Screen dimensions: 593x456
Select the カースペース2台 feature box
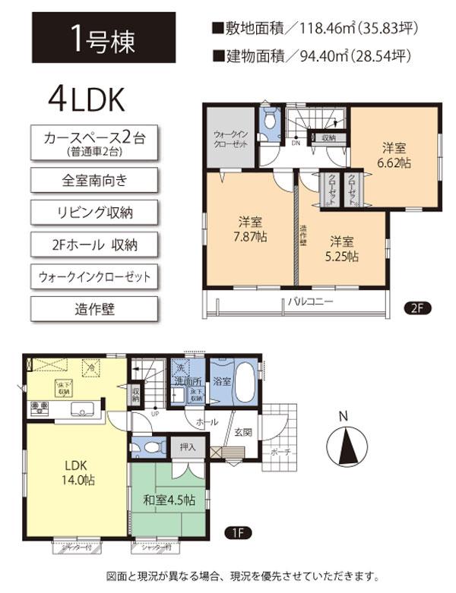(94, 143)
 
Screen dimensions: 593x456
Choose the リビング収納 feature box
(94, 210)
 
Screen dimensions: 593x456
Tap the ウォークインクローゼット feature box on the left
(94, 276)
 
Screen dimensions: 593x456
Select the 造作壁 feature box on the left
(94, 308)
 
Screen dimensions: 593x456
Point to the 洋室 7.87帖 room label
(249, 229)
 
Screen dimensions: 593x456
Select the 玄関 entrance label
(241, 432)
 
